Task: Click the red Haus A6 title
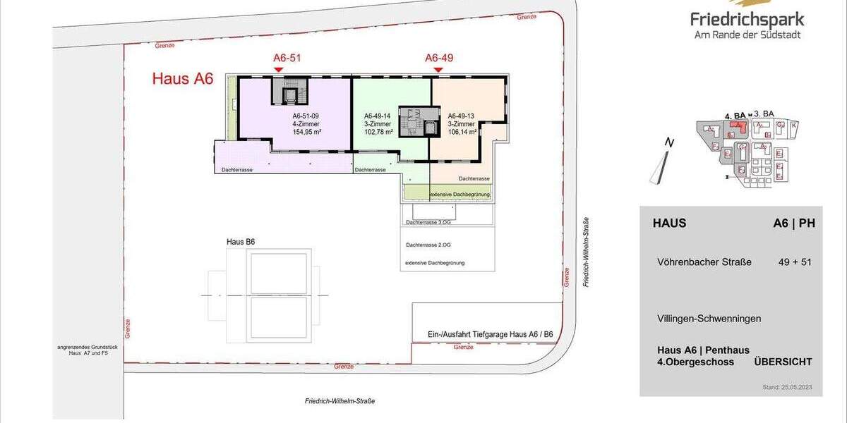click(182, 78)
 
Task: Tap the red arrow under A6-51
click(278, 69)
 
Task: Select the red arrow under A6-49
click(438, 69)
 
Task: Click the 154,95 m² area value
click(307, 132)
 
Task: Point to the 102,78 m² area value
click(378, 132)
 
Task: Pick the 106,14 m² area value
click(462, 132)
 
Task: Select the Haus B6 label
click(241, 242)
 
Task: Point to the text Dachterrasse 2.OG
click(428, 245)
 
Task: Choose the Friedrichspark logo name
click(747, 20)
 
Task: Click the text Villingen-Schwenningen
click(709, 319)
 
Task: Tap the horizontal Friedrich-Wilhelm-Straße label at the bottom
click(340, 401)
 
